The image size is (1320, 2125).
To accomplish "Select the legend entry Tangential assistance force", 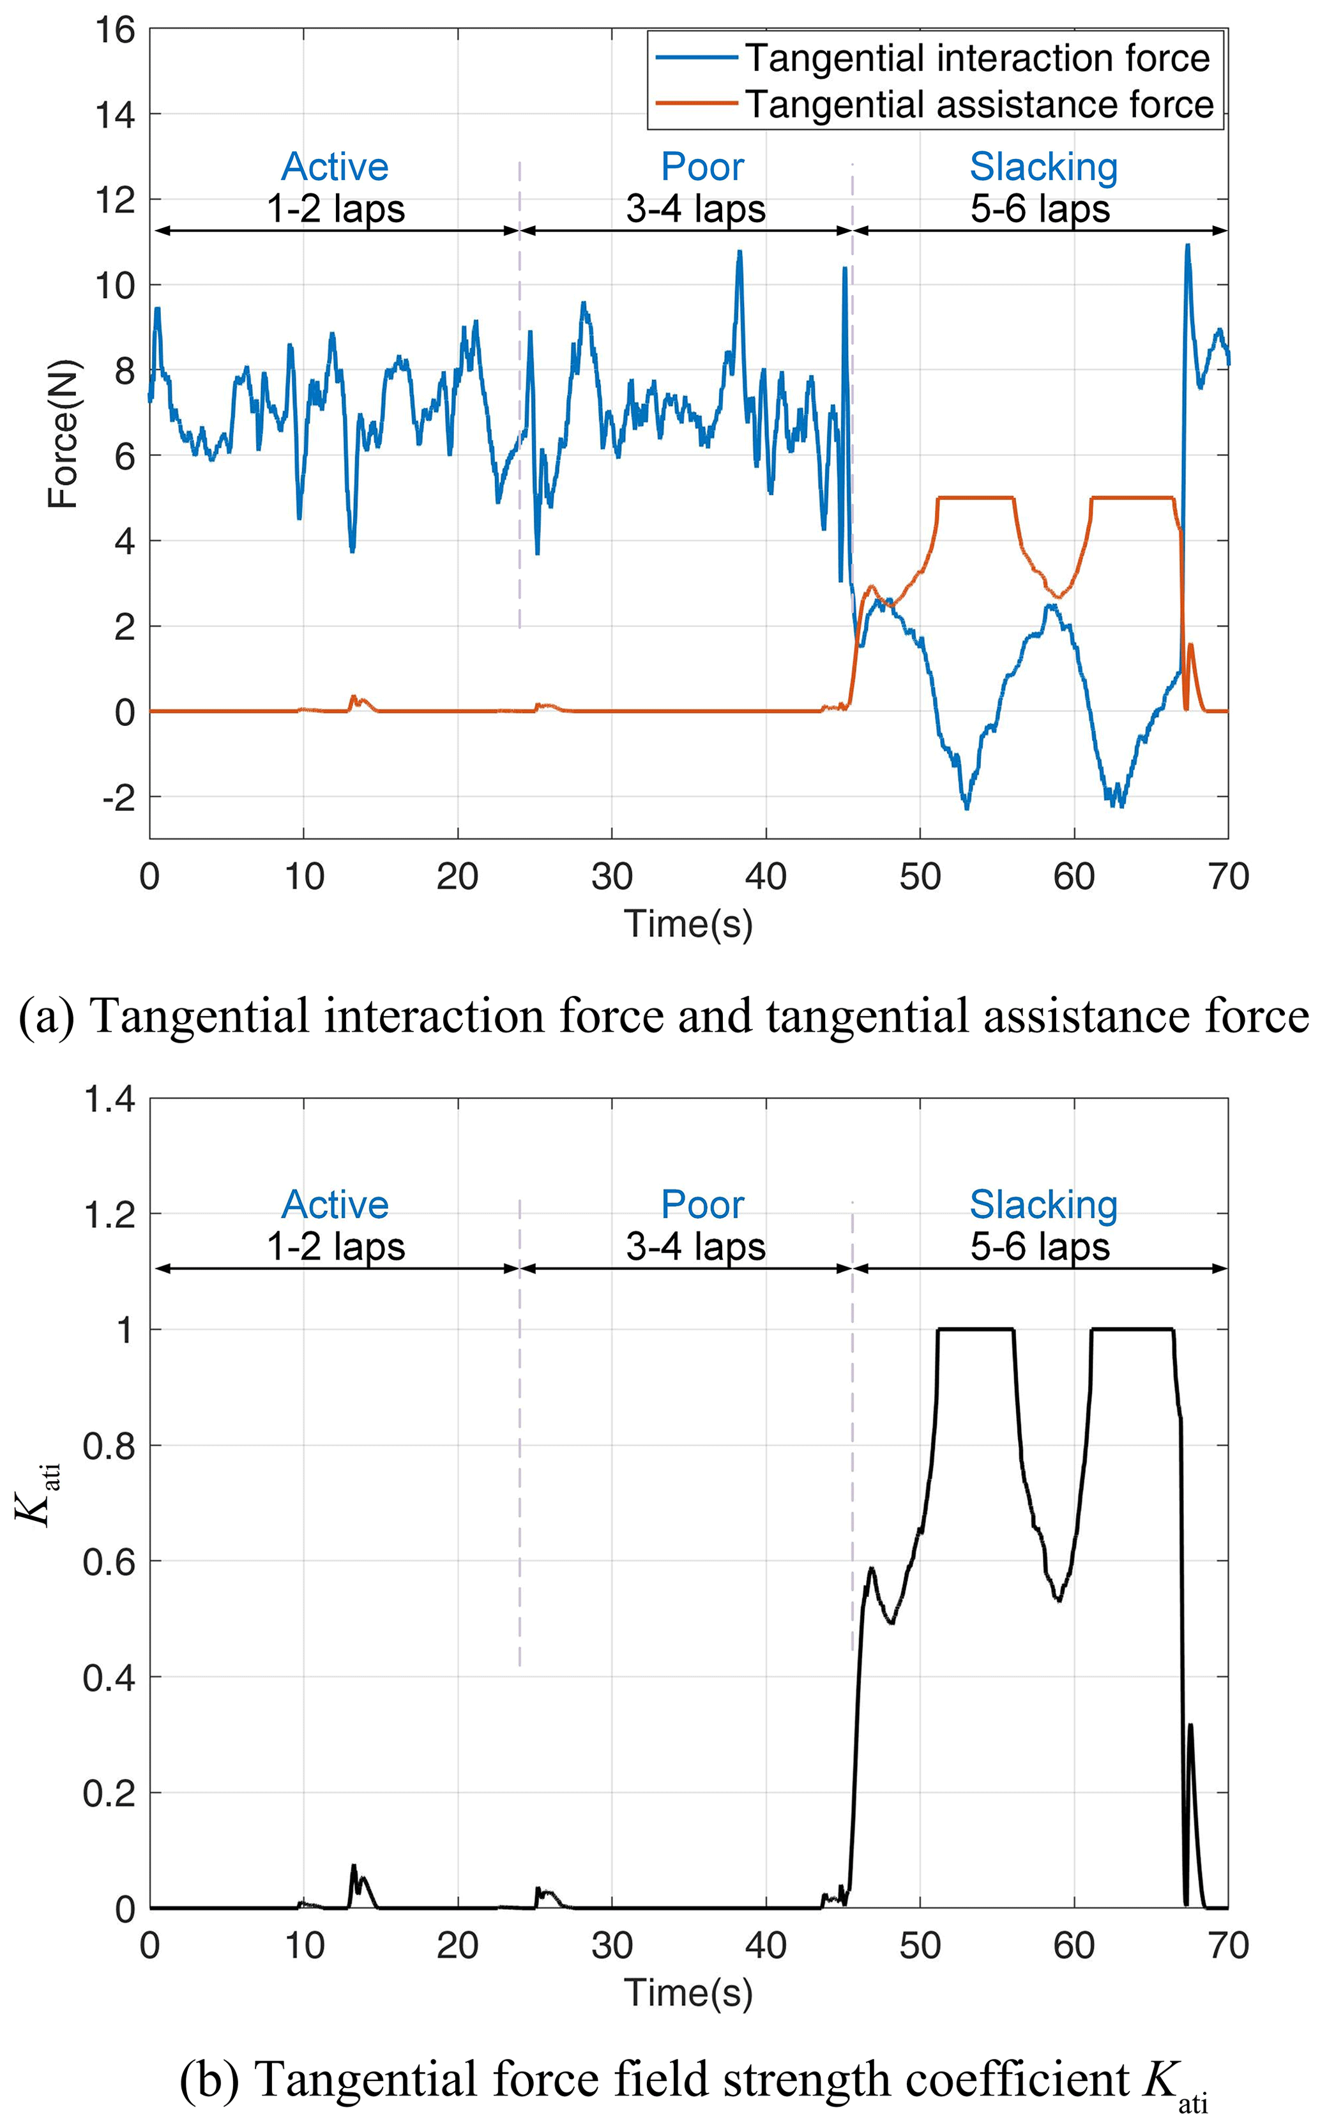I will coord(978,105).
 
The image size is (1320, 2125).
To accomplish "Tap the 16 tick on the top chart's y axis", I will coord(116,31).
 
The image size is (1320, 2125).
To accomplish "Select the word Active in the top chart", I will coord(335,167).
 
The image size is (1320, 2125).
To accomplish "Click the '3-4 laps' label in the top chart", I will coord(696,209).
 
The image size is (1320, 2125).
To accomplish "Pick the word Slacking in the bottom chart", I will coord(1043,1204).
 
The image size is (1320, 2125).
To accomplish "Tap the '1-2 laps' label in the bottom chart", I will coord(336,1246).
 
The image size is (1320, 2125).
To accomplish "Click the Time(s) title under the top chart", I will coord(688,923).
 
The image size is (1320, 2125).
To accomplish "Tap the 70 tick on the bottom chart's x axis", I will coord(1228,1946).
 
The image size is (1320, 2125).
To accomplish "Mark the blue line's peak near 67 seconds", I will coord(1187,246).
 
